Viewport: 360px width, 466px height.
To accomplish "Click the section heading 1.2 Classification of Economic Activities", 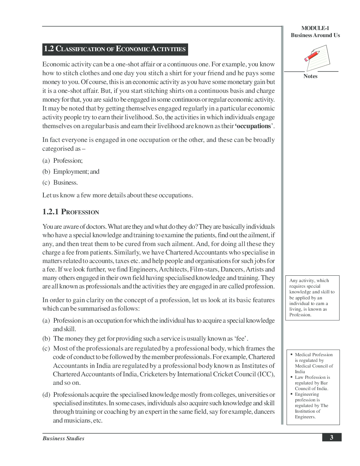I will click(115, 49).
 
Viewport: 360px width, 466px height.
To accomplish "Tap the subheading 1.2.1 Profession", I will click(71, 212).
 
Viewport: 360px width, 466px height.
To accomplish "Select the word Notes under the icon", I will click(310, 76).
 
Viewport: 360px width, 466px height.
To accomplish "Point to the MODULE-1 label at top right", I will click(315, 28).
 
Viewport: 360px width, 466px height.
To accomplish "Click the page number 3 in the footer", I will click(331, 438).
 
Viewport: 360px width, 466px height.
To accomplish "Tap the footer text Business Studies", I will click(64, 438).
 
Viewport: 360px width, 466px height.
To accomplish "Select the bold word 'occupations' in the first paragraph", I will click(254, 126).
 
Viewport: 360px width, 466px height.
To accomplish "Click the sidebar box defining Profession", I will click(312, 298).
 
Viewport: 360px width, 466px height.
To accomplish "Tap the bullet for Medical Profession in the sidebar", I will click(292, 354).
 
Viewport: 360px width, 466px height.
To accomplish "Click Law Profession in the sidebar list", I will click(312, 377).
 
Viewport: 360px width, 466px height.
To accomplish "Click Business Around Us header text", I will click(315, 35).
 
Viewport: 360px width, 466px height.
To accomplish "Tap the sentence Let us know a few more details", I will click(118, 195).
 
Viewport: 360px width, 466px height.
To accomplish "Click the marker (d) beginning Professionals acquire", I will click(46, 395).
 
